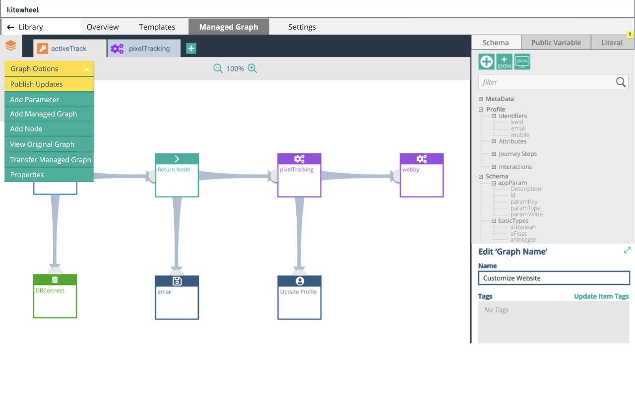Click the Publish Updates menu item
pos(49,84)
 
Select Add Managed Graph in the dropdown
pos(49,114)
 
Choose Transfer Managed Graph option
pos(49,160)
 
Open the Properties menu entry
pos(49,175)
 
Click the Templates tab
pos(157,27)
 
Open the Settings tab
pos(302,27)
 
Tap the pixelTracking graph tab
pos(144,49)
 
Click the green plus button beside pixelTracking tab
pos(191,48)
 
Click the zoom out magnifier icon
pos(218,68)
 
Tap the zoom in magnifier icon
pos(253,68)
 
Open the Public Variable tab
pos(556,43)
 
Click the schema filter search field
pos(546,82)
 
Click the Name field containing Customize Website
pos(554,278)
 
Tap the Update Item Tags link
pos(601,296)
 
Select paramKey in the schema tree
pos(523,202)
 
